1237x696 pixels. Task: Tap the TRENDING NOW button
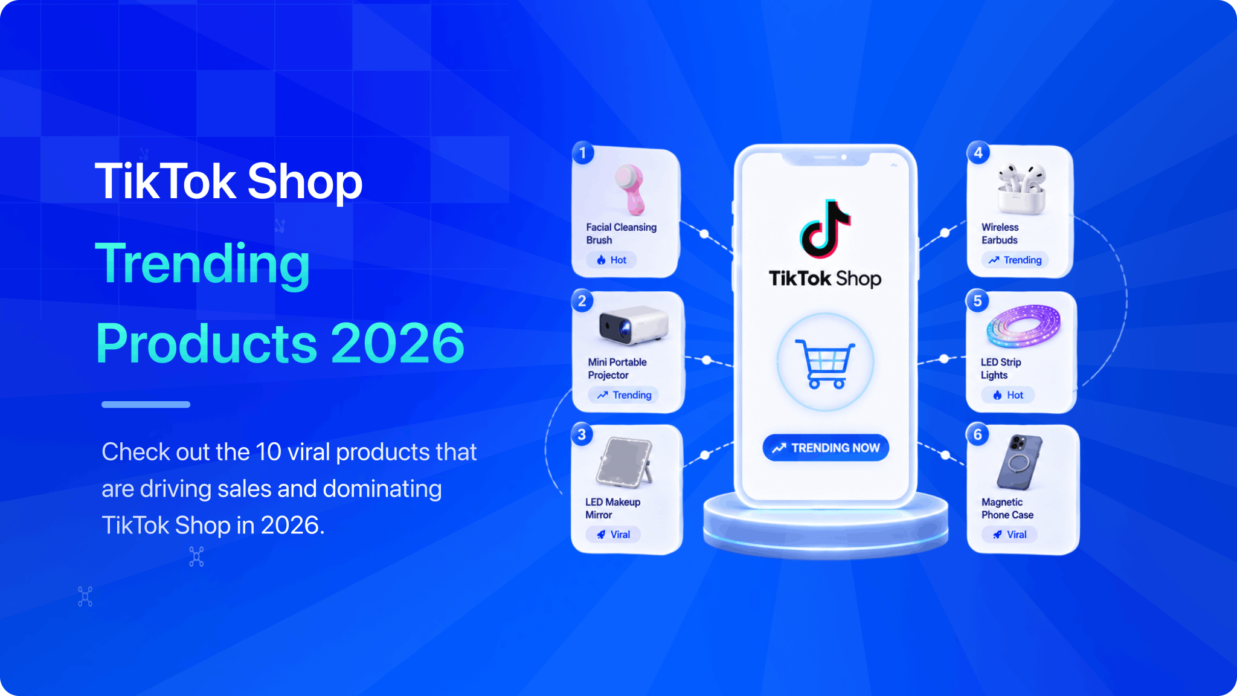tap(826, 448)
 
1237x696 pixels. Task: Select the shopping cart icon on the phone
tap(825, 364)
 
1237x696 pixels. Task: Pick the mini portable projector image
tap(634, 324)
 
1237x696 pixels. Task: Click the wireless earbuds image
tap(1021, 188)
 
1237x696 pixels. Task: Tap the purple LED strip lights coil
tap(1023, 326)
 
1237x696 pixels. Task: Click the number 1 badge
tap(583, 153)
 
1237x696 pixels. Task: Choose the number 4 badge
tap(978, 152)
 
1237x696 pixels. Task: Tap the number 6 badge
tap(978, 434)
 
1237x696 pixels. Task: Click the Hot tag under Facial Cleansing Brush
tap(611, 260)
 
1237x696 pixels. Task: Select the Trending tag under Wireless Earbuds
tap(1015, 260)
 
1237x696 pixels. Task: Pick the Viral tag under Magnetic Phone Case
tap(1009, 535)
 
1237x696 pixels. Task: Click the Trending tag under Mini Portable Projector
tap(624, 395)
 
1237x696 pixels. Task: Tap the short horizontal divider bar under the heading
tap(146, 404)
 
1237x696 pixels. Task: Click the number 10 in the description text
tap(268, 452)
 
